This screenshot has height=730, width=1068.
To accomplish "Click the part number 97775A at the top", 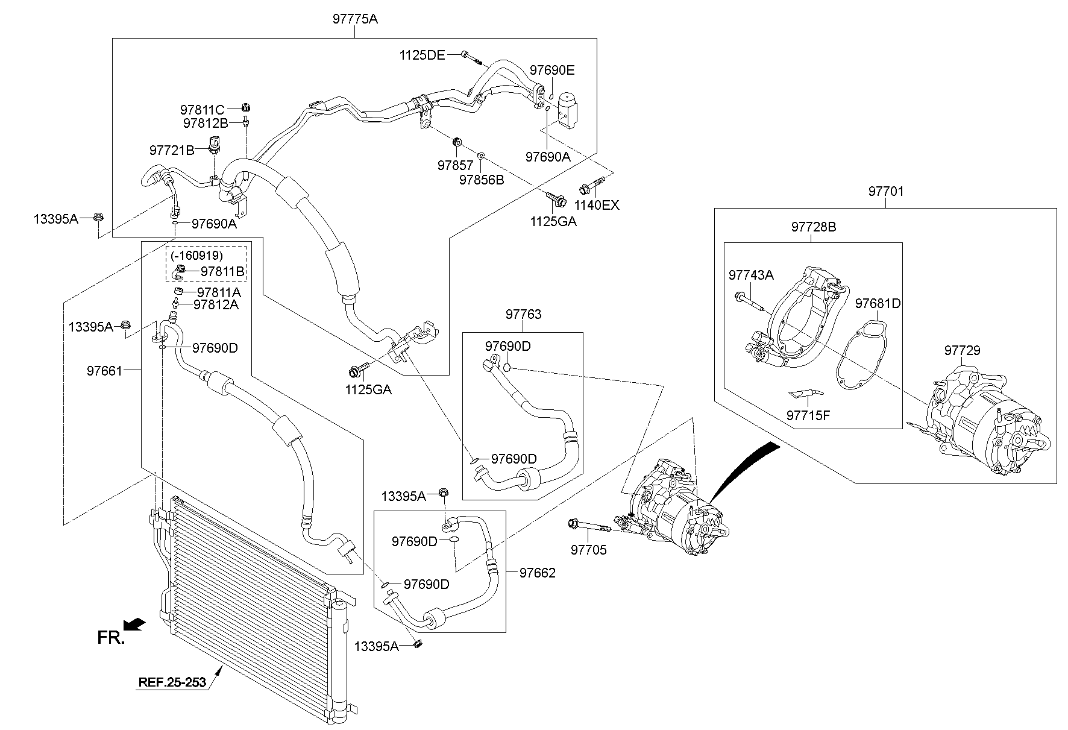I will pyautogui.click(x=355, y=19).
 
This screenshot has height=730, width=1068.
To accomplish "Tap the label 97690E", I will pyautogui.click(x=552, y=70).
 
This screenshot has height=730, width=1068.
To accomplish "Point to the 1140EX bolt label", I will pyautogui.click(x=596, y=205).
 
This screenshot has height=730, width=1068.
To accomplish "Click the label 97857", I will pyautogui.click(x=455, y=165).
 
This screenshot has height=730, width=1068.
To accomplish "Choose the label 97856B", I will pyautogui.click(x=482, y=180).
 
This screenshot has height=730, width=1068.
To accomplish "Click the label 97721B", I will pyautogui.click(x=172, y=149).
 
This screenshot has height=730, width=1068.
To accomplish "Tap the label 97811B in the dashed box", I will pyautogui.click(x=222, y=272).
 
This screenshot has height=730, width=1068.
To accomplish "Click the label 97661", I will pyautogui.click(x=104, y=371).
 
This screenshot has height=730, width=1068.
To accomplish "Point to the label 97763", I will pyautogui.click(x=523, y=314).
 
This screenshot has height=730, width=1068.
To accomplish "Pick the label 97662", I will pyautogui.click(x=537, y=573).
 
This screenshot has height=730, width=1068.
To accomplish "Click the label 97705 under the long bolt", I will pyautogui.click(x=589, y=550).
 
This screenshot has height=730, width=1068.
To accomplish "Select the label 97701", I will pyautogui.click(x=885, y=192).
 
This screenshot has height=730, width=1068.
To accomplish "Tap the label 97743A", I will pyautogui.click(x=751, y=275).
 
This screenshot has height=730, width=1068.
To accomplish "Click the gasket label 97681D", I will pyautogui.click(x=878, y=303).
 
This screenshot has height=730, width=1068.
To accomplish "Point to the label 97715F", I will pyautogui.click(x=808, y=415).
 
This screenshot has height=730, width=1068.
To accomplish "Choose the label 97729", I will pyautogui.click(x=962, y=350).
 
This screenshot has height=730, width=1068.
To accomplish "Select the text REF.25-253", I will pyautogui.click(x=172, y=682).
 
